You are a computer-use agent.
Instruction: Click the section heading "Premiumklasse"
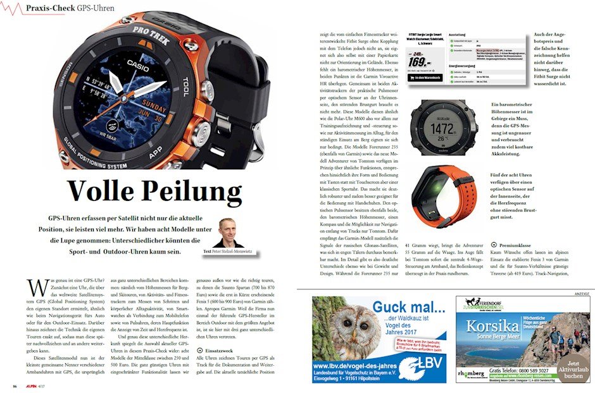tap(517, 244)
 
